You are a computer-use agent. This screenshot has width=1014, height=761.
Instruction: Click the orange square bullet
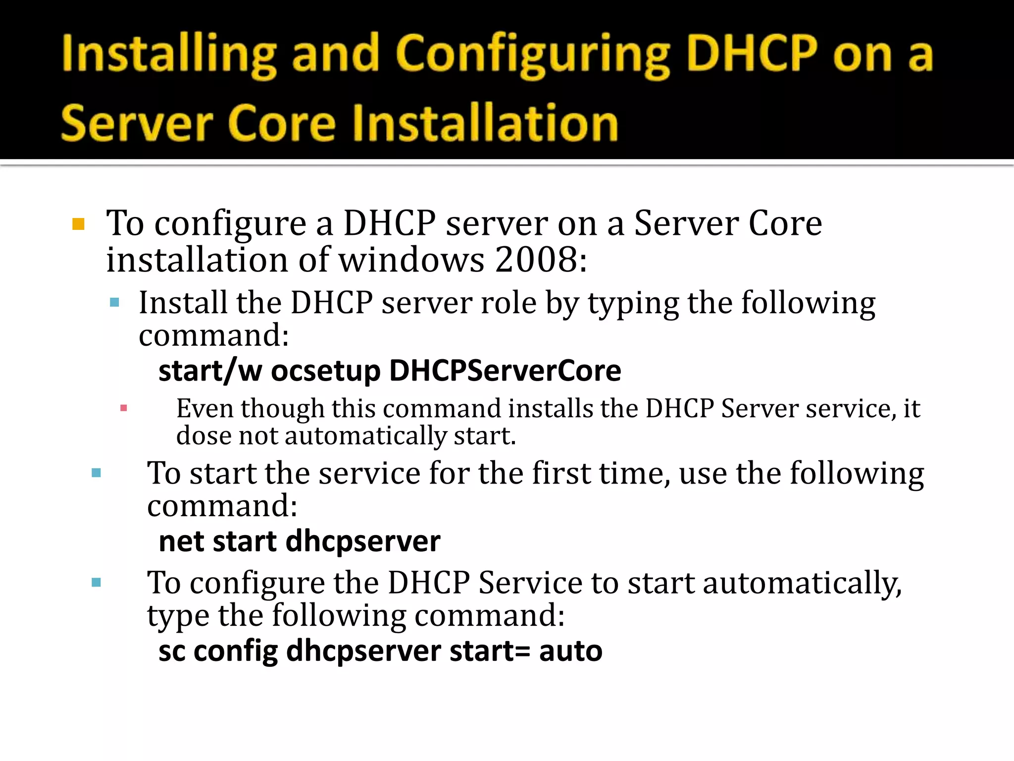(x=78, y=224)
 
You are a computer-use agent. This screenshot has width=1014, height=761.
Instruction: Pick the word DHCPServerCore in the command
(x=505, y=371)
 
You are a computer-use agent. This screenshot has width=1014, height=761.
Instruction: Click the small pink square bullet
(x=124, y=408)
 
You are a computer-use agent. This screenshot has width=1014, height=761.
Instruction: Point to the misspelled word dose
(x=203, y=436)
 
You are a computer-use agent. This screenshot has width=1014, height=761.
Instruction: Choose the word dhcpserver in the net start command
(x=363, y=542)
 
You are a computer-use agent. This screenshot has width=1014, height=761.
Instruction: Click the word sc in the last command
(x=171, y=651)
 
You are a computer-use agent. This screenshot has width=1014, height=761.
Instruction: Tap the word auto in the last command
(x=570, y=651)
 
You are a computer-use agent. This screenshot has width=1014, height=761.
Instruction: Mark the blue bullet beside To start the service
(x=97, y=473)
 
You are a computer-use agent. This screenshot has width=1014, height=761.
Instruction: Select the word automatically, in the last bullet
(x=802, y=583)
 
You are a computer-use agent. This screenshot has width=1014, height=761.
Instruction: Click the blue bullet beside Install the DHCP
(x=115, y=303)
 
